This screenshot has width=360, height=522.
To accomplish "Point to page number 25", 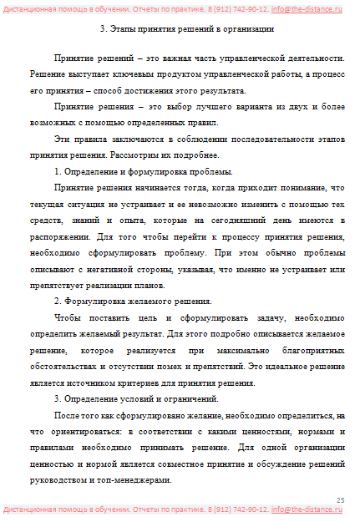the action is tap(340, 499).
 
